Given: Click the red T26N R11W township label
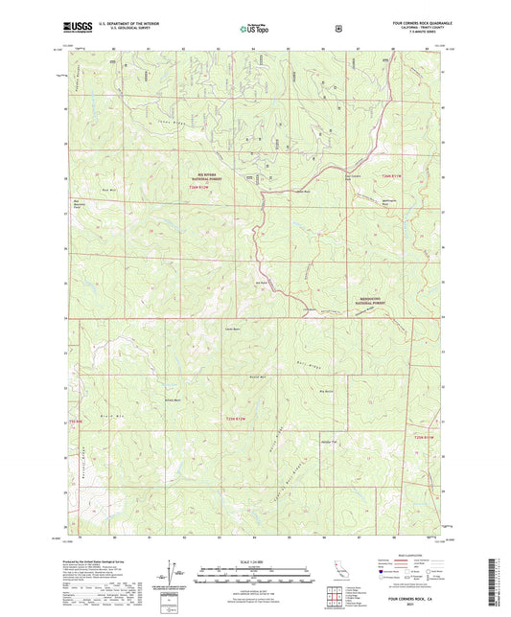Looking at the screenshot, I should [x=388, y=178].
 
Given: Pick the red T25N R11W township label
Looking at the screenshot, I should [x=425, y=436].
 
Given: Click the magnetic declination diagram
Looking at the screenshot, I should [x=175, y=571].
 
